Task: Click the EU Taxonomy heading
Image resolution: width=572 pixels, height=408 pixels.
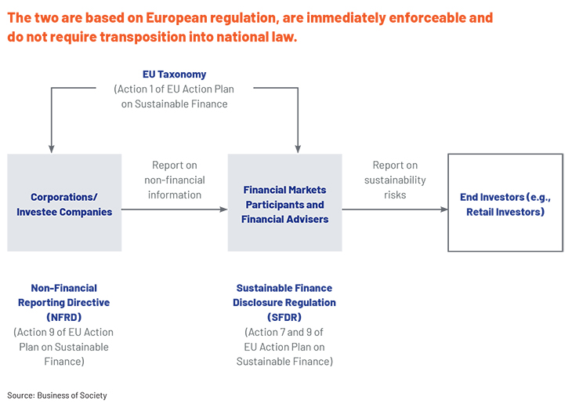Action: click(175, 75)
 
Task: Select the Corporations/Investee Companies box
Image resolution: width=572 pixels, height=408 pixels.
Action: click(64, 202)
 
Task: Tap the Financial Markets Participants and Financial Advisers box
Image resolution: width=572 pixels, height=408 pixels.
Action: click(285, 202)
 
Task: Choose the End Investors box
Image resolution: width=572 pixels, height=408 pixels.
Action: click(505, 202)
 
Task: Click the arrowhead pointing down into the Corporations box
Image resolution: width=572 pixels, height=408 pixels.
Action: click(52, 149)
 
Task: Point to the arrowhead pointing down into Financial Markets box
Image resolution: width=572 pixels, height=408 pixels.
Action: click(298, 149)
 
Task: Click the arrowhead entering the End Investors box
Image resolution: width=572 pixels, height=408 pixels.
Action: click(444, 209)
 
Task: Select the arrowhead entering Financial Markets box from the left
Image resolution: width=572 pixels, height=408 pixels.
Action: click(223, 209)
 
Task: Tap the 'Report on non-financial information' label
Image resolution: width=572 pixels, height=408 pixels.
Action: click(175, 180)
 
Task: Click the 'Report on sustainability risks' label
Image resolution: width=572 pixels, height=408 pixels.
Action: click(395, 180)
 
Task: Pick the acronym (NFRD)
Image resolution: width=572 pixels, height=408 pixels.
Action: click(63, 317)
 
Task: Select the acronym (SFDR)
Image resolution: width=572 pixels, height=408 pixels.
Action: click(284, 317)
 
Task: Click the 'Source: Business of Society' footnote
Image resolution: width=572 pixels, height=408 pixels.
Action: click(57, 395)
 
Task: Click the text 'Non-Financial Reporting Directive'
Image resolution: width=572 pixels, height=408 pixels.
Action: click(63, 295)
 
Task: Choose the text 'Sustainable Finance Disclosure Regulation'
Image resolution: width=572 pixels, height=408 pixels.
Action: click(284, 295)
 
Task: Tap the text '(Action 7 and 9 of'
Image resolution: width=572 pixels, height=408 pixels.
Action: click(284, 332)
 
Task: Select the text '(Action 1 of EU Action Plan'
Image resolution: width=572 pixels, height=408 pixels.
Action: click(174, 89)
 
